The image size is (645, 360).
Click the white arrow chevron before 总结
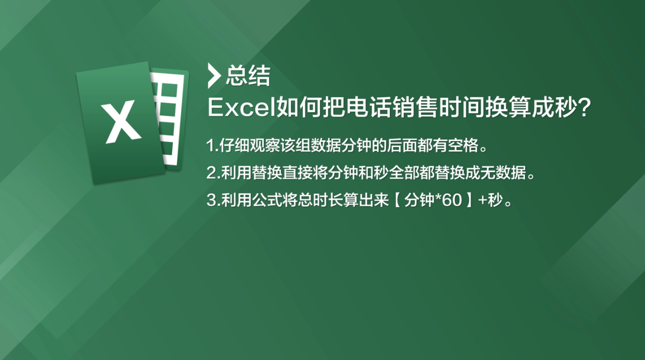tap(214, 76)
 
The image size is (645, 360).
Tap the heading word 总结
tap(248, 76)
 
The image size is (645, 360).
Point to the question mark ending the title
tap(583, 108)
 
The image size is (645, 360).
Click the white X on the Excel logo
tap(121, 122)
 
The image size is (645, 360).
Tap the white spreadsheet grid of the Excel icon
tap(169, 119)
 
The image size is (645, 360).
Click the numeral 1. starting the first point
tap(212, 145)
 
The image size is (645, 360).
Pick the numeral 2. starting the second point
tap(213, 173)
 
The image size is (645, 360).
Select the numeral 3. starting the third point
tap(213, 200)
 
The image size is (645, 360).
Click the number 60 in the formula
tap(452, 200)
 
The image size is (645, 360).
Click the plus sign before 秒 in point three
tap(482, 201)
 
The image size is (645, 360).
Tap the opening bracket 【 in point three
tap(398, 200)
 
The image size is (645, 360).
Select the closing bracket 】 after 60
tap(469, 200)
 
